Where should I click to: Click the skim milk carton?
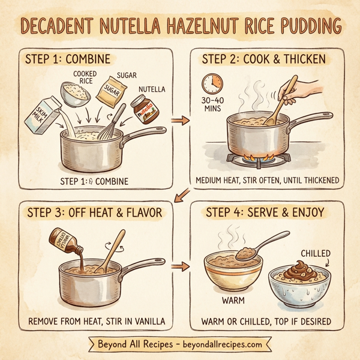click(40, 115)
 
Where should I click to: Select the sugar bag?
click(112, 90)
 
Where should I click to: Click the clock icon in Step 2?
click(211, 83)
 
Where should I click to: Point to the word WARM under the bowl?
click(233, 299)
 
